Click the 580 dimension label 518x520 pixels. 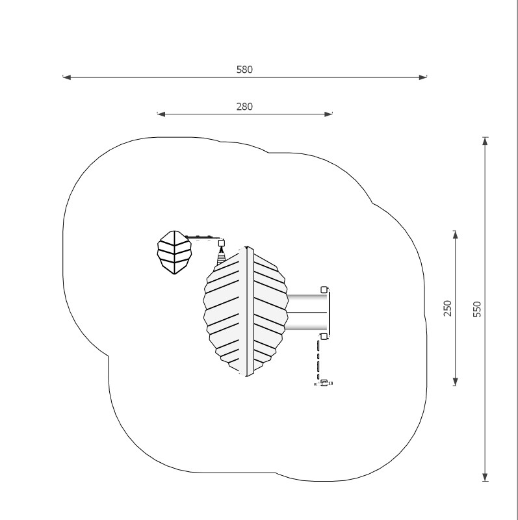click(244, 70)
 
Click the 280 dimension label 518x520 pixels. click(244, 107)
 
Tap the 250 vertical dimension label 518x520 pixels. click(448, 308)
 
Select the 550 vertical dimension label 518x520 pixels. click(478, 309)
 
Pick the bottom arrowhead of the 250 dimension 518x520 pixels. click(455, 383)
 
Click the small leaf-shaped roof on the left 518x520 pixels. click(174, 252)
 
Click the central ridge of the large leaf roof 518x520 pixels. click(248, 311)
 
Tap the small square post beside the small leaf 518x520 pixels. click(222, 243)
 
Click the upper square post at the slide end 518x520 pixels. click(324, 289)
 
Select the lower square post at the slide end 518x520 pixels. click(324, 336)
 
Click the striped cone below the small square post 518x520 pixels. click(222, 257)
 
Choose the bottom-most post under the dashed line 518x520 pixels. click(324, 383)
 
